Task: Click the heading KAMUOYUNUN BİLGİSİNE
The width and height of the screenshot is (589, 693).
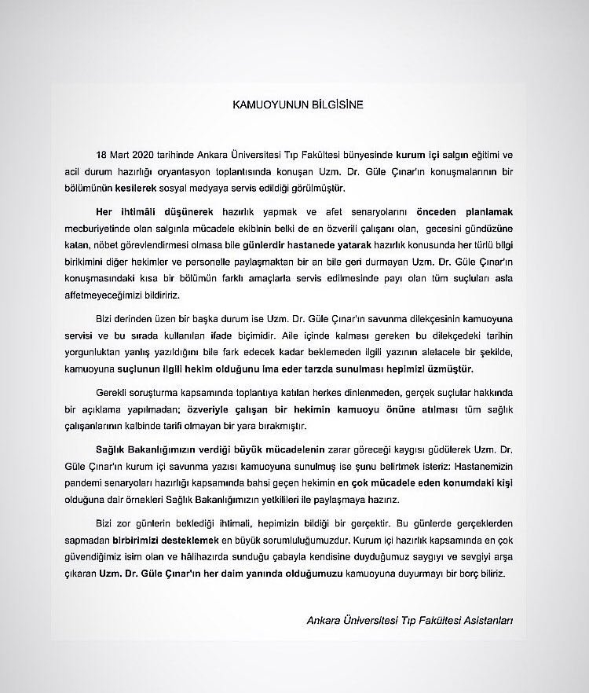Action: pyautogui.click(x=297, y=102)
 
